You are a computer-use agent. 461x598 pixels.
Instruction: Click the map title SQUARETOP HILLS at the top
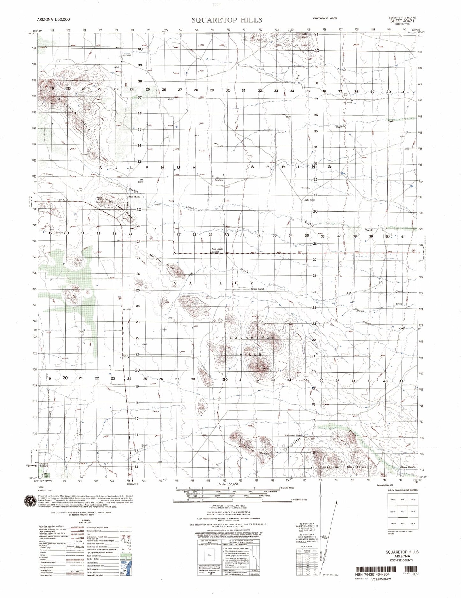pos(227,20)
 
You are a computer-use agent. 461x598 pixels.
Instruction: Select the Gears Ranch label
pos(258,289)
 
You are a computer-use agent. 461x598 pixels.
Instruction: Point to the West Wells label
pos(134,197)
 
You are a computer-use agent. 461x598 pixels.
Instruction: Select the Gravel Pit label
pos(145,446)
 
